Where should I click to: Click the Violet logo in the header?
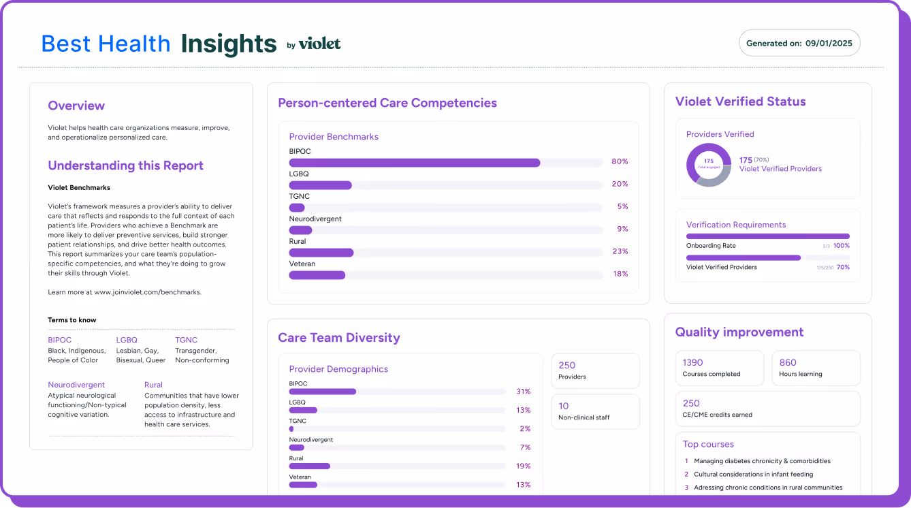pos(319,44)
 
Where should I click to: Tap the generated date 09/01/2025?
pos(829,43)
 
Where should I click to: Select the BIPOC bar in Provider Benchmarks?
pos(414,163)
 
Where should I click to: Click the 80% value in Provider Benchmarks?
pos(620,162)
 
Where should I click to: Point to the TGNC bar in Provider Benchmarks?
pos(297,208)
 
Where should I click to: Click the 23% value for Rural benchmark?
pos(620,252)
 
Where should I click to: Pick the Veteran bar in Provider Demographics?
pos(303,485)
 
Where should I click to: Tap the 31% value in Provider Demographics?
pos(523,392)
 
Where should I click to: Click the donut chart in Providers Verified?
pos(709,165)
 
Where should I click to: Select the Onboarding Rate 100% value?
pos(842,246)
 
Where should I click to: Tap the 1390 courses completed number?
pos(692,363)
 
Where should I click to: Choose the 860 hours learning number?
pos(788,363)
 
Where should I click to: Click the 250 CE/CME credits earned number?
pos(691,403)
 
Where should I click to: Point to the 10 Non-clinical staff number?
pos(563,406)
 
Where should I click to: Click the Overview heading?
pos(76,106)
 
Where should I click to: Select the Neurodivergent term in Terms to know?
pos(76,385)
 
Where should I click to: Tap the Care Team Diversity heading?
pos(339,338)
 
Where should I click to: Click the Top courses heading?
pos(708,444)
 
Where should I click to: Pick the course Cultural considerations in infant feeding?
pos(753,474)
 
